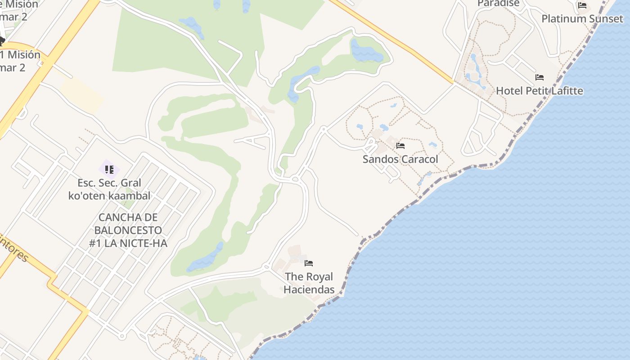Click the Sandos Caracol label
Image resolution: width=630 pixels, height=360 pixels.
400,159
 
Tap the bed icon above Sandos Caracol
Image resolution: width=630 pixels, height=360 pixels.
400,145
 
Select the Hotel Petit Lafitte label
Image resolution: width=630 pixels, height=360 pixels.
539,91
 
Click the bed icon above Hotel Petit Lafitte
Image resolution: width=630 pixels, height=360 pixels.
539,77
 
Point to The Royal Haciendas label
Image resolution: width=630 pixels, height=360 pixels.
309,283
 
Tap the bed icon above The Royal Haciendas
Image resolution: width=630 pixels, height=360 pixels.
309,263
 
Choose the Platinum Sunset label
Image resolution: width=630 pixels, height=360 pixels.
582,19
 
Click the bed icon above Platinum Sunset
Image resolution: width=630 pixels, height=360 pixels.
582,5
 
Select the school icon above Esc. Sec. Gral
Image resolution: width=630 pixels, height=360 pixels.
109,169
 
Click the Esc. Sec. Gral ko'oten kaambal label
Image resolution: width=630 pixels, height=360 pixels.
109,189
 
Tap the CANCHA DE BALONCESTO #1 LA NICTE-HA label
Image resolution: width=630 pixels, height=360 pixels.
128,230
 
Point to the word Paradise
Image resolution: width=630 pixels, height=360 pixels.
498,4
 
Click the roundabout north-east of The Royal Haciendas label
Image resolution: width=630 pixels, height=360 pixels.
295,179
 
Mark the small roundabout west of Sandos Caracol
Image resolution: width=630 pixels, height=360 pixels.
324,129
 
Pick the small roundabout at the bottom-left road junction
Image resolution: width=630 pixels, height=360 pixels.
121,336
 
